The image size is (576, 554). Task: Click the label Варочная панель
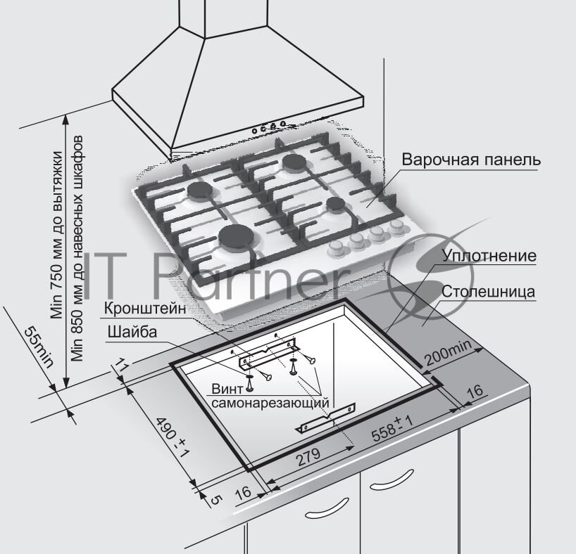[471, 160]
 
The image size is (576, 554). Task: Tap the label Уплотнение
[489, 255]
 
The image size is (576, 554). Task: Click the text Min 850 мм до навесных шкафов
[77, 246]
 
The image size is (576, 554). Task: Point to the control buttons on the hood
[268, 127]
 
